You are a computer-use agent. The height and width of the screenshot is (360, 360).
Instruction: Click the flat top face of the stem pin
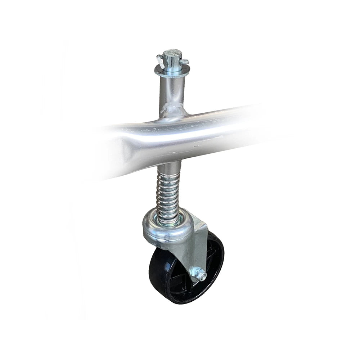(x=172, y=54)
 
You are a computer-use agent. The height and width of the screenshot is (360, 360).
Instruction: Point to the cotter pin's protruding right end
(x=185, y=63)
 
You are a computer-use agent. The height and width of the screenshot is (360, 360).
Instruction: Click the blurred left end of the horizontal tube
(x=108, y=151)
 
